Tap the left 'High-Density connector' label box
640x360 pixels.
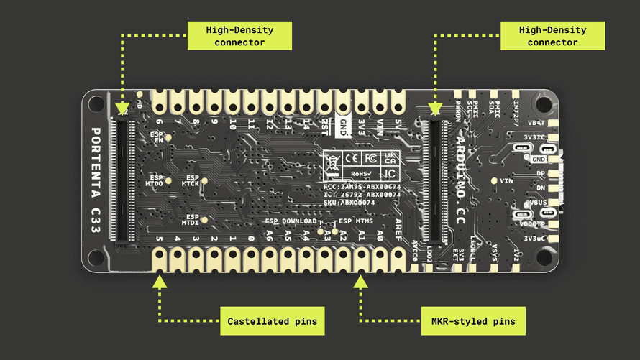click(x=239, y=35)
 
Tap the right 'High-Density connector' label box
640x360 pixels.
click(x=552, y=35)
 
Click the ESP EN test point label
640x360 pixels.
click(x=158, y=137)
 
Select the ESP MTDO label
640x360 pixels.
click(x=155, y=180)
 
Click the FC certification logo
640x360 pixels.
click(x=370, y=157)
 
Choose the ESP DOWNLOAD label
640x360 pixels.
click(x=291, y=221)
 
